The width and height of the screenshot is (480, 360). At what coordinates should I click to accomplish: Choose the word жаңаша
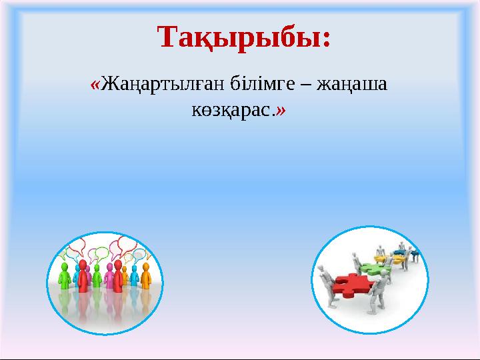352,87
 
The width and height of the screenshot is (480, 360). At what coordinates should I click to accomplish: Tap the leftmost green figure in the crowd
65,276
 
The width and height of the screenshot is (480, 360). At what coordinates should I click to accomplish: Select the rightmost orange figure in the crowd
145,277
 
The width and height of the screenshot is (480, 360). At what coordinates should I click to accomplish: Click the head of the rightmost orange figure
145,266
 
